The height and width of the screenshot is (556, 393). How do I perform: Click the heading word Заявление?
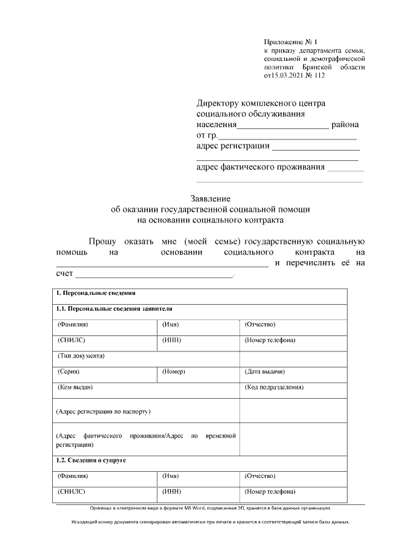click(x=210, y=198)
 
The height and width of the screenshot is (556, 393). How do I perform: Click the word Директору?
click(x=221, y=103)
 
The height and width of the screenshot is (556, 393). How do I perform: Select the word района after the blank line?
click(x=345, y=125)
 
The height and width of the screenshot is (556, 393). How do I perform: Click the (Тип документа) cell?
click(x=80, y=356)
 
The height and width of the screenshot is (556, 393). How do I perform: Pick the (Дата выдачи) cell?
click(x=265, y=372)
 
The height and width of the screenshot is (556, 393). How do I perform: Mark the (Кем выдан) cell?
click(x=75, y=388)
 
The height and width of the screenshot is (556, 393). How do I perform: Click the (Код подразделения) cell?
click(x=274, y=388)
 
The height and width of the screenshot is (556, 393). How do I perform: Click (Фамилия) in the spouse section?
click(x=72, y=476)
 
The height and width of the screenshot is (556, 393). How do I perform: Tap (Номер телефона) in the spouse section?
click(x=270, y=492)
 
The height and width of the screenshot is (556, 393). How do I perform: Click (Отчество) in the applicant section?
click(x=260, y=324)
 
